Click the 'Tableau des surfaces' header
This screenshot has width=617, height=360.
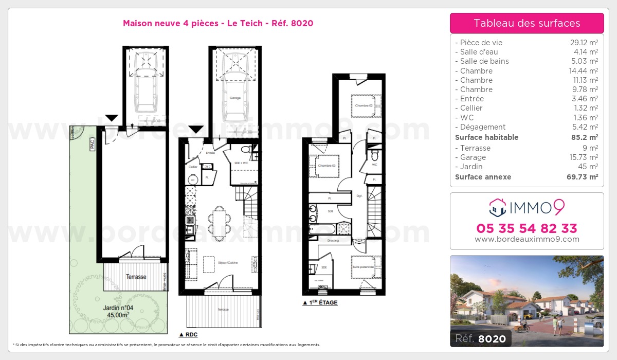(x=527, y=23)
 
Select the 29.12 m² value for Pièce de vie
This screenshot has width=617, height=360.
(x=586, y=43)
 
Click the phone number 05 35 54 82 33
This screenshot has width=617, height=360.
(x=527, y=228)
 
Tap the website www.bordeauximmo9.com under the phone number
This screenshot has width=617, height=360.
(x=527, y=239)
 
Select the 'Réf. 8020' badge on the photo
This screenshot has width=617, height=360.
(x=480, y=338)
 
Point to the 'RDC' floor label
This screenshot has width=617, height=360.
(x=190, y=334)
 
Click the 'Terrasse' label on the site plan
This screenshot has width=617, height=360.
(x=136, y=277)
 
